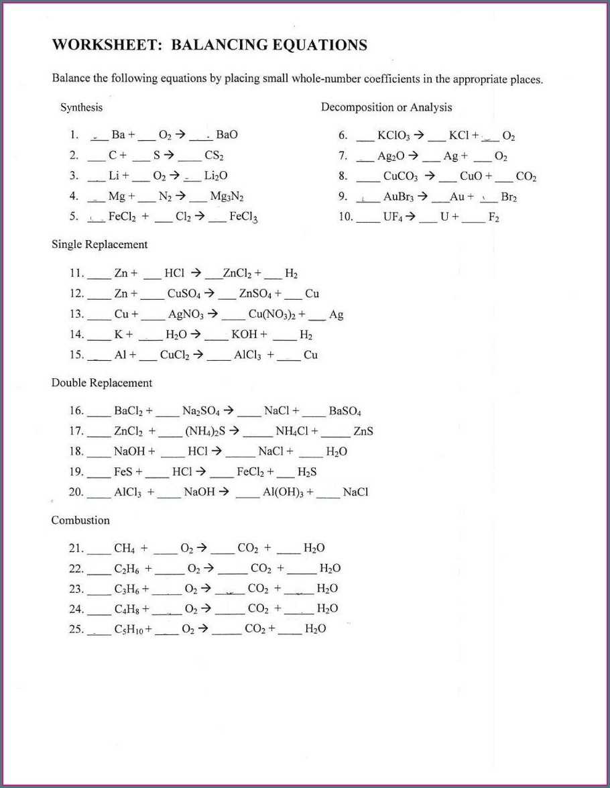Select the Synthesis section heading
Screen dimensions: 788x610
click(x=81, y=107)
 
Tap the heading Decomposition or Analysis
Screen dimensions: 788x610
click(x=386, y=107)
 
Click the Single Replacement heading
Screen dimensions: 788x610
click(x=99, y=245)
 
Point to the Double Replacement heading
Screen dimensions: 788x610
click(x=102, y=383)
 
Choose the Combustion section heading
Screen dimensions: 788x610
click(x=80, y=520)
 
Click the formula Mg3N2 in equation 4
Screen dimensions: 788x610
click(x=227, y=197)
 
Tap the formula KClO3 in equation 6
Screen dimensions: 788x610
click(x=392, y=135)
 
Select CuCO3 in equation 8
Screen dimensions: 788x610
click(x=400, y=177)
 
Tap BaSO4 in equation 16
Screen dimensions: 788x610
click(x=345, y=411)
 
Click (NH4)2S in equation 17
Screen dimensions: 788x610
click(x=206, y=431)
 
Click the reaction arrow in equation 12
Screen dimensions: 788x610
click(x=209, y=293)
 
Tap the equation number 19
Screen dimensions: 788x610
click(x=76, y=472)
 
